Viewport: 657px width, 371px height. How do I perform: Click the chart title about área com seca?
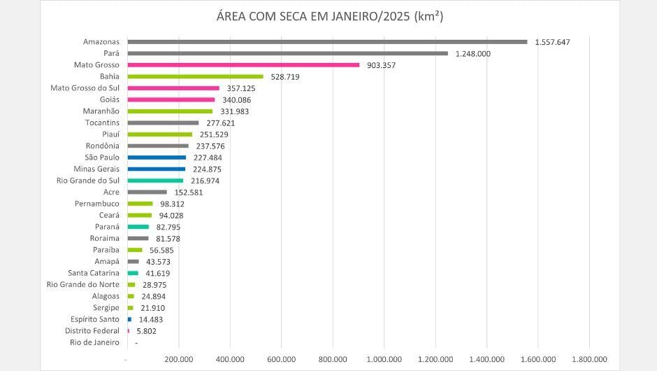(328, 16)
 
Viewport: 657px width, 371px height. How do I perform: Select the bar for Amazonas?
(327, 42)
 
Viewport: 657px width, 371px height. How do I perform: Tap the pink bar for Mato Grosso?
(243, 65)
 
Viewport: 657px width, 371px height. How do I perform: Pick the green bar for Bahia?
(195, 76)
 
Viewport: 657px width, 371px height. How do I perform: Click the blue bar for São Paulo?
(157, 157)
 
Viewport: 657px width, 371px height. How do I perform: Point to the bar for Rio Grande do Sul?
(155, 181)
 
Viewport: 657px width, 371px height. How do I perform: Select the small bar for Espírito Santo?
(129, 319)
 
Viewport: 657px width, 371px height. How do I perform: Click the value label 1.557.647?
(552, 42)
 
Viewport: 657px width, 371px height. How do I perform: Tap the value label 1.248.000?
(472, 53)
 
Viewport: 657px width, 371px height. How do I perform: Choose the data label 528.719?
(284, 76)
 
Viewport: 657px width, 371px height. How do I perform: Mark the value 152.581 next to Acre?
(189, 192)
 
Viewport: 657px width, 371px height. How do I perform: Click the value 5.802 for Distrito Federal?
(147, 330)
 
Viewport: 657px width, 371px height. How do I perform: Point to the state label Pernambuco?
(97, 204)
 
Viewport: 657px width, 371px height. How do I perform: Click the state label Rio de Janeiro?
(94, 342)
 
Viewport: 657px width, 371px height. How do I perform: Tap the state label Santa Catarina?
(94, 273)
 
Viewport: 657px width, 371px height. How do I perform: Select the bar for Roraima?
(138, 238)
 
